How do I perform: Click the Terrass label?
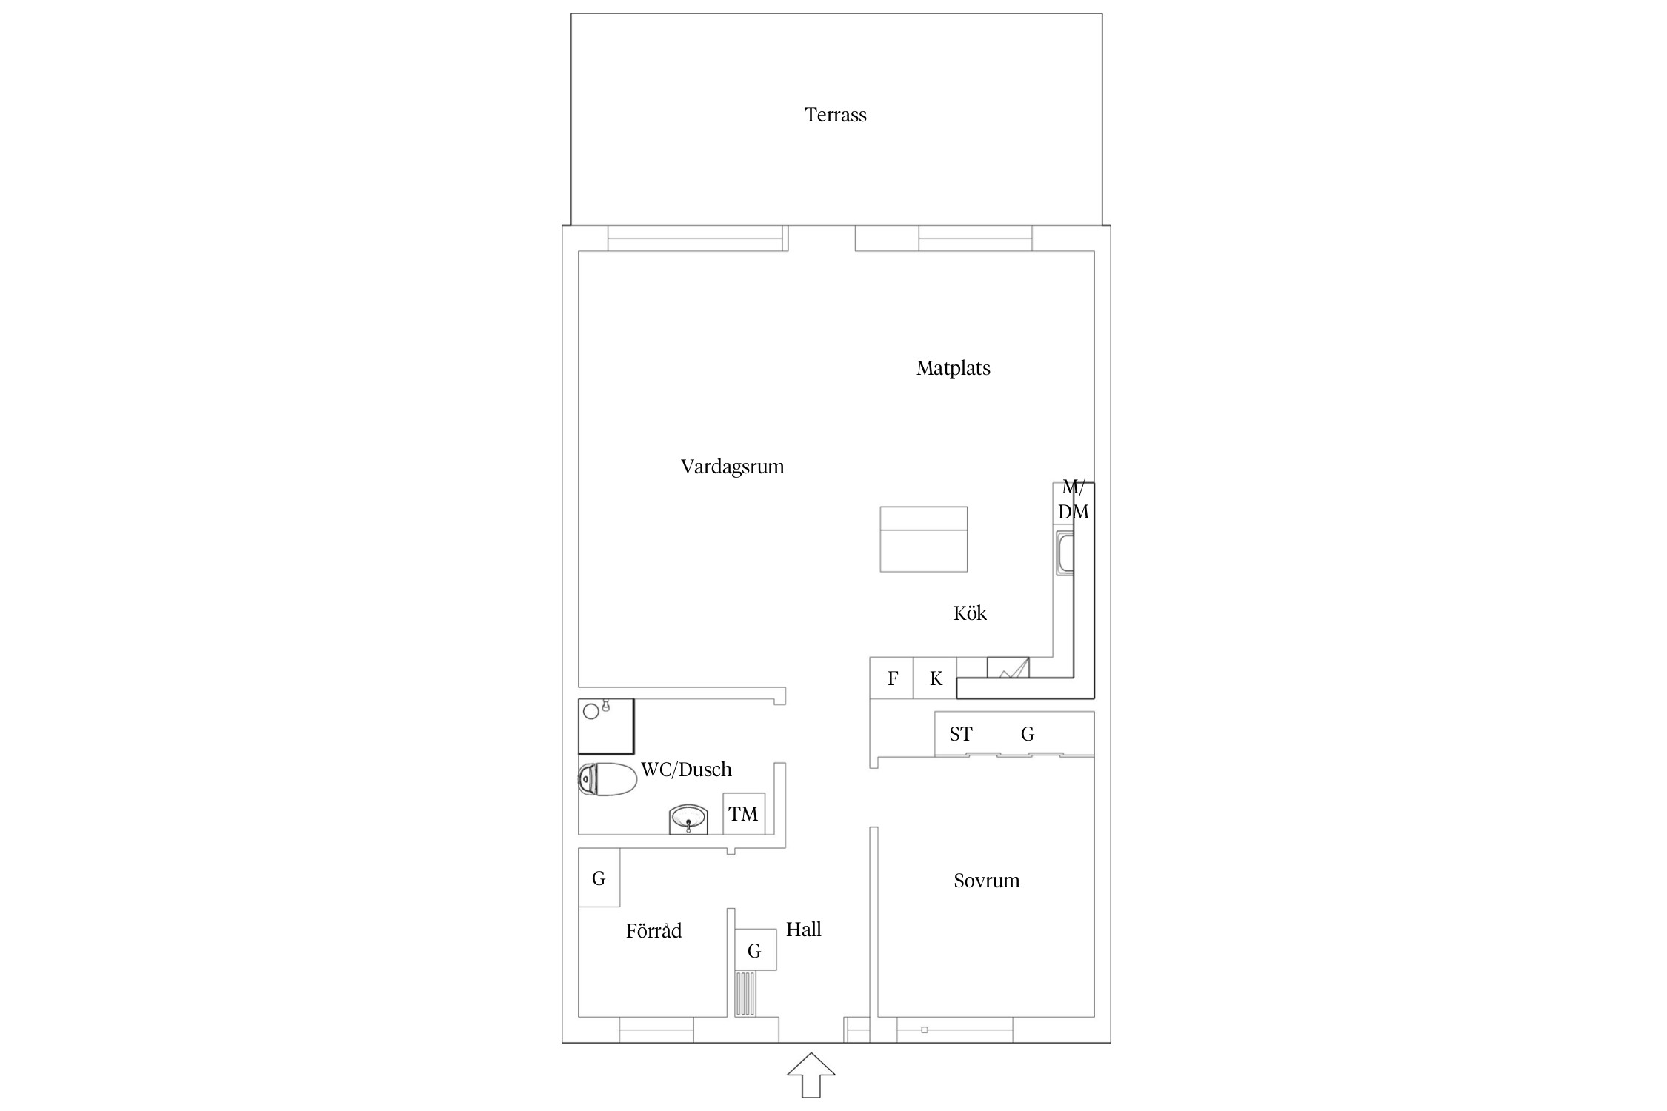tap(835, 115)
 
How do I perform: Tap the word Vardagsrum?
tap(732, 467)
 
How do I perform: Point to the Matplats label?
tap(953, 368)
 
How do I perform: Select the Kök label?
tap(970, 613)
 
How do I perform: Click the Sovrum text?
tap(986, 881)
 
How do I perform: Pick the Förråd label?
tap(653, 930)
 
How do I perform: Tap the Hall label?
tap(803, 930)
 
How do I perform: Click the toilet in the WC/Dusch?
tap(608, 779)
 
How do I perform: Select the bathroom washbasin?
tap(688, 820)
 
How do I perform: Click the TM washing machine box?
tap(744, 814)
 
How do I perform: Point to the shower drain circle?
tap(591, 712)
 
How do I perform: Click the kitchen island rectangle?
tap(924, 539)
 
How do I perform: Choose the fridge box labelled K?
tap(935, 678)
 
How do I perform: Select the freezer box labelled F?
tap(892, 678)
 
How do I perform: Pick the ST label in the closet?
tap(961, 734)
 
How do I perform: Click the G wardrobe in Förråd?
tap(599, 877)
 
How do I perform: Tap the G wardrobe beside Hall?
tap(755, 950)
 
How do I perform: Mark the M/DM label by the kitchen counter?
tap(1074, 499)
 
